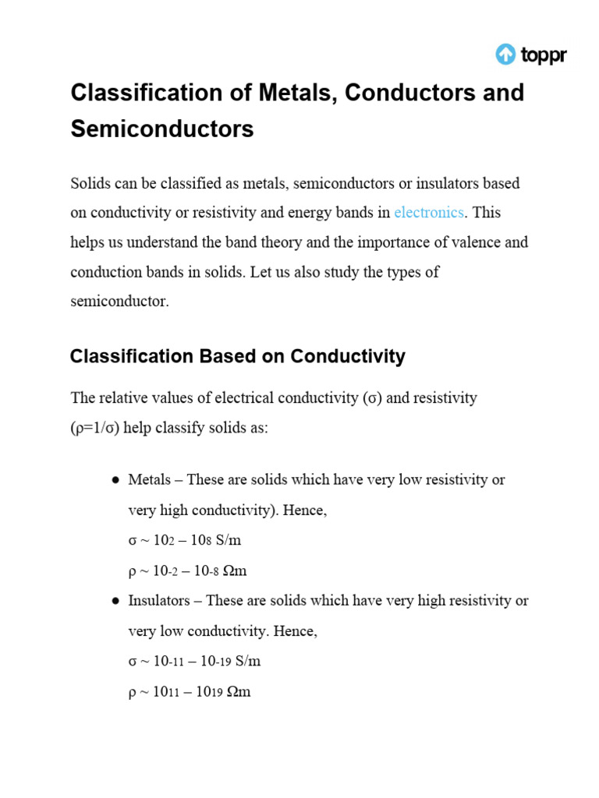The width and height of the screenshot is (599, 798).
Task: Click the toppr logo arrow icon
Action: tap(505, 54)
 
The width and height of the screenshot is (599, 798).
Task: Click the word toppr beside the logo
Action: tap(544, 55)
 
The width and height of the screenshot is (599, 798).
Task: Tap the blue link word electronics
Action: tap(429, 212)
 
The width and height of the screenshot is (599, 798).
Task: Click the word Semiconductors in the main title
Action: tap(162, 129)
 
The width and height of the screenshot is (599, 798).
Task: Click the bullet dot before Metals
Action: tap(115, 480)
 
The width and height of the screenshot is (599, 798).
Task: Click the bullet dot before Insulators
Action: tap(115, 602)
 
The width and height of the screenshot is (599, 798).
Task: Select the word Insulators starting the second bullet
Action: tap(155, 601)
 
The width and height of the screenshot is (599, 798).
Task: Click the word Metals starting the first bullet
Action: tap(149, 479)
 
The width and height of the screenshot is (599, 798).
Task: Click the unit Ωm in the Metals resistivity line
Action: tap(235, 570)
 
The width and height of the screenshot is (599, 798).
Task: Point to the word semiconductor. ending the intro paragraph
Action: tap(119, 302)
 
